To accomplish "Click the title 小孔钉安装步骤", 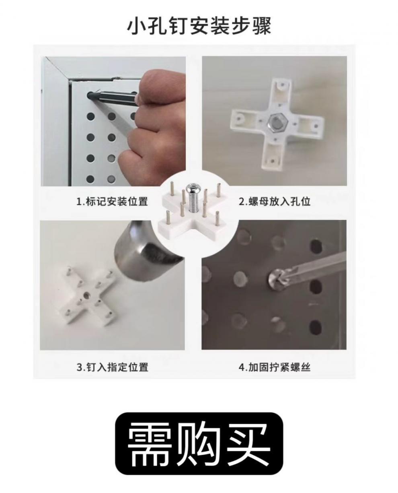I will (x=199, y=26).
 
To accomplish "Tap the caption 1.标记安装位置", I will (x=112, y=201).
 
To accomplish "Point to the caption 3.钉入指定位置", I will (x=112, y=367).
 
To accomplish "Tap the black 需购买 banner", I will (x=199, y=449).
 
